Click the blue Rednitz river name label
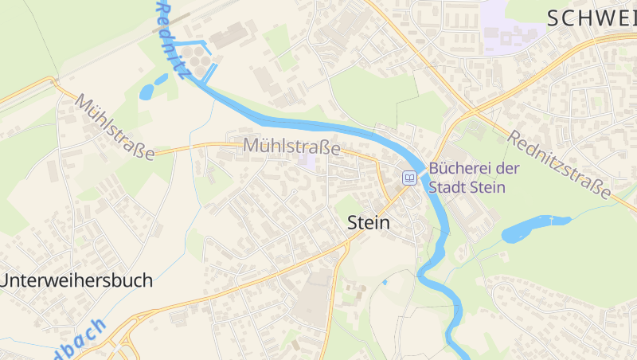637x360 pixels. [173, 40]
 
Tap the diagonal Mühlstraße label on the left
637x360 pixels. [115, 127]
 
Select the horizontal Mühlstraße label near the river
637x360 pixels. [291, 147]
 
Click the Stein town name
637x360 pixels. [369, 223]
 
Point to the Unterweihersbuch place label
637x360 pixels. [76, 280]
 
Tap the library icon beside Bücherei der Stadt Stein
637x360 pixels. [409, 178]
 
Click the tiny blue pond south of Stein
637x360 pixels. [385, 281]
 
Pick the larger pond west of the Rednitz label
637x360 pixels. [149, 91]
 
